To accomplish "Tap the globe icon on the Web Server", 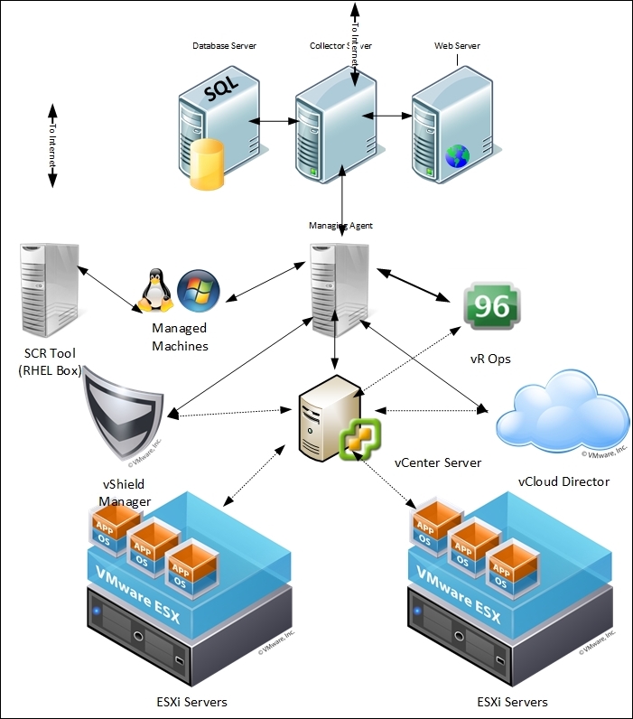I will [x=458, y=157].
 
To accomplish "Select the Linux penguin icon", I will [x=154, y=291].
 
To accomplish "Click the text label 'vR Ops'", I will [x=490, y=359].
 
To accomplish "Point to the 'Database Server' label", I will [x=224, y=46].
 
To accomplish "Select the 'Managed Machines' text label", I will [x=179, y=338].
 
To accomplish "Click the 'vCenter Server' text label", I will [x=438, y=462].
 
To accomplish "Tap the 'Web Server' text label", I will [x=457, y=46].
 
